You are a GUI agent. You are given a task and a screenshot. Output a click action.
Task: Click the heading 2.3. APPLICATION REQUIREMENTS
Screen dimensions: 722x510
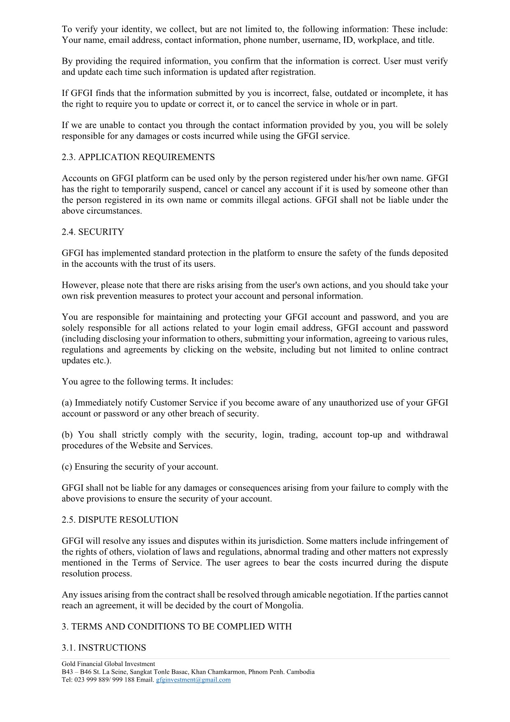[138, 157]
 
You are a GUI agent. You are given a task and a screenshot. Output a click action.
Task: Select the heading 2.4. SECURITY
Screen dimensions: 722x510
[93, 232]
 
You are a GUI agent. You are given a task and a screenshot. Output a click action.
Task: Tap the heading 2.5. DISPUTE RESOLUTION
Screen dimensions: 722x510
[120, 520]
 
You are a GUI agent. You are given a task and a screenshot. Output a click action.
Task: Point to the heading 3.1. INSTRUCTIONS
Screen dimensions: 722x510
[104, 648]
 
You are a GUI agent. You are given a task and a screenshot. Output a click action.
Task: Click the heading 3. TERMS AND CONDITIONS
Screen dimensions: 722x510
[177, 627]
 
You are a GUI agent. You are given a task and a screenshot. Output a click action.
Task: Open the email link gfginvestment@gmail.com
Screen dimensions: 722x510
[193, 680]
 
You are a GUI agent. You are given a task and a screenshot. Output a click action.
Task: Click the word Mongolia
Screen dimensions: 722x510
[283, 606]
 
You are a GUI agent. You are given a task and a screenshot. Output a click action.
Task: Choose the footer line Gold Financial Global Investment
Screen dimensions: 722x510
[108, 664]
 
